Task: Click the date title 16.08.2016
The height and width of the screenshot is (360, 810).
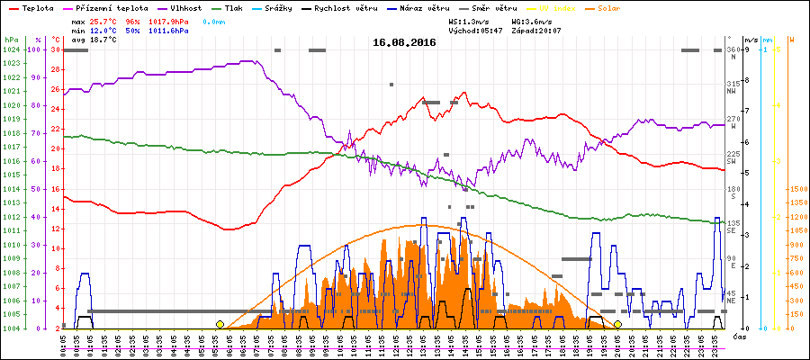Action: point(404,42)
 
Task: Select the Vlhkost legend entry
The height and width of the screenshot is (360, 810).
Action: point(184,7)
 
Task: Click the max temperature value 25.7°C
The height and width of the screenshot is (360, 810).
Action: point(103,20)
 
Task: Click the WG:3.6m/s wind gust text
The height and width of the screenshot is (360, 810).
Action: point(532,20)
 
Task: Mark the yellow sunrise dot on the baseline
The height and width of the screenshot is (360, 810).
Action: point(220,324)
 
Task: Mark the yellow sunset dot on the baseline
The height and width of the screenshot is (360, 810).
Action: point(617,324)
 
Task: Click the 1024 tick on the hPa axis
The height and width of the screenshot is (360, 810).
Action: point(11,50)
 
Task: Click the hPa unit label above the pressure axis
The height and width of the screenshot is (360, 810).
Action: point(10,40)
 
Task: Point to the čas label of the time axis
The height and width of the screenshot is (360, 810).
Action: point(738,337)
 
